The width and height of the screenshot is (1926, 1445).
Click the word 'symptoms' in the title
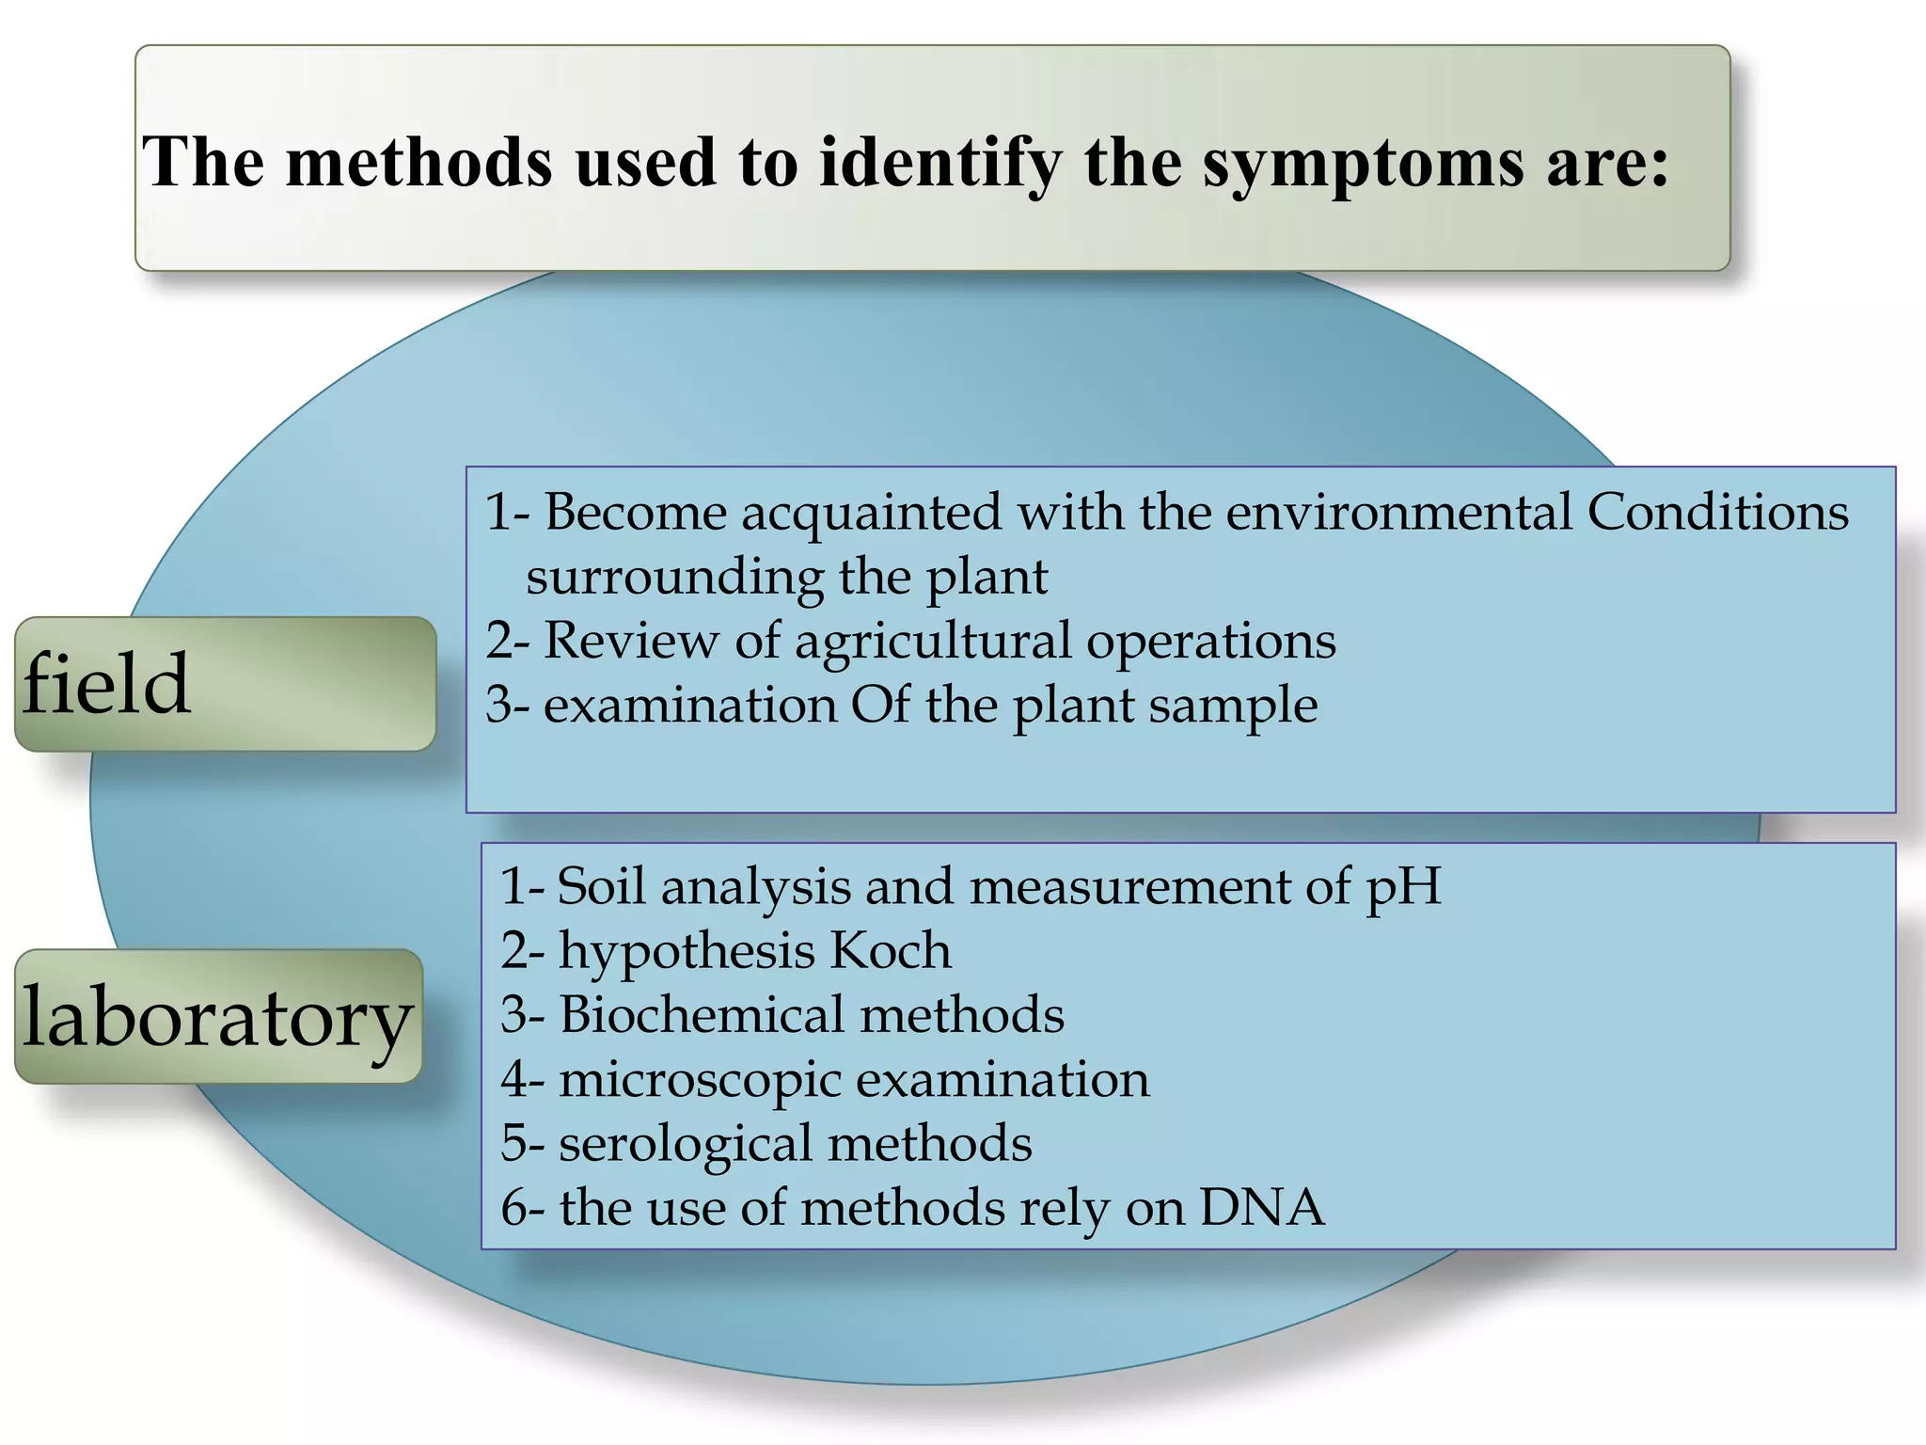[x=1364, y=163]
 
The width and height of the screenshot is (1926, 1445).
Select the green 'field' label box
[x=225, y=684]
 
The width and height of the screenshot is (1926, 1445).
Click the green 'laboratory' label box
[x=218, y=1017]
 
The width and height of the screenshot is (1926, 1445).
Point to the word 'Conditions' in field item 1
[x=1718, y=513]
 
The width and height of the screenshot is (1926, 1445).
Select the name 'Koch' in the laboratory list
[x=890, y=951]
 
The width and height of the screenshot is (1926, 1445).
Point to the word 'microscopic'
[x=701, y=1080]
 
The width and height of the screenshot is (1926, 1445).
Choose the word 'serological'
[x=685, y=1144]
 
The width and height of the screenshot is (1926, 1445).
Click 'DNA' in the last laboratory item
[x=1262, y=1208]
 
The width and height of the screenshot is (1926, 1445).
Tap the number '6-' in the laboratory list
[x=522, y=1208]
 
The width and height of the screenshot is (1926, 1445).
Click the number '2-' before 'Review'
[x=508, y=642]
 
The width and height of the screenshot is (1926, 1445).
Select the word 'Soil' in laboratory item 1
[x=600, y=887]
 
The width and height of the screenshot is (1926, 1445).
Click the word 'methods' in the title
[x=418, y=163]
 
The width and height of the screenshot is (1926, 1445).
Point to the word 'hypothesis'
[x=687, y=951]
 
